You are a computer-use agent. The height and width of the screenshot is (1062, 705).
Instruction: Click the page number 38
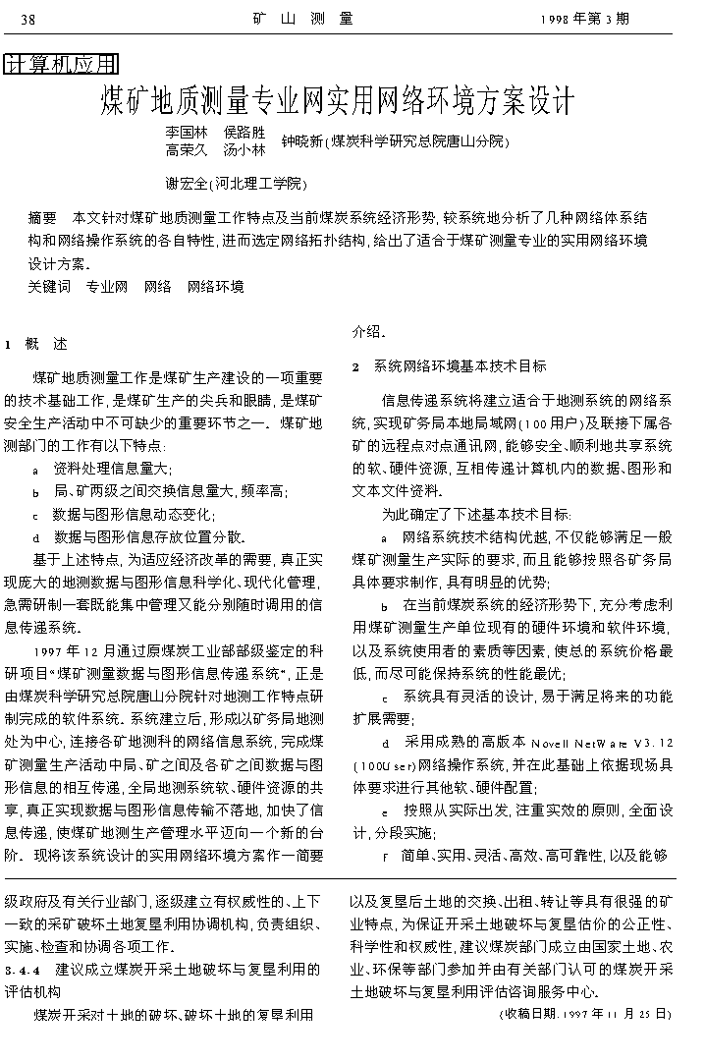click(27, 20)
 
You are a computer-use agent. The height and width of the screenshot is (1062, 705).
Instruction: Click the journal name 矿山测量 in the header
click(303, 19)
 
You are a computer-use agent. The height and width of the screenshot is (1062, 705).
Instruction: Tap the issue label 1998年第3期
click(585, 19)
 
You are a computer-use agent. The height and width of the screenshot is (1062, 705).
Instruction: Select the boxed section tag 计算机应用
click(61, 65)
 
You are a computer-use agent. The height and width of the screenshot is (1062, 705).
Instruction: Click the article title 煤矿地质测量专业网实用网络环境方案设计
click(337, 100)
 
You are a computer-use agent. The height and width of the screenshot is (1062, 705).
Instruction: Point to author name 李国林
click(187, 133)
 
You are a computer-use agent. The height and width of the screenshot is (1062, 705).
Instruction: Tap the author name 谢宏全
click(187, 183)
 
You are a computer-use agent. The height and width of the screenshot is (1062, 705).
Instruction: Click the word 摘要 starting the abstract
click(42, 217)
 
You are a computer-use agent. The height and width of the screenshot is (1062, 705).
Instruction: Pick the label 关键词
click(49, 287)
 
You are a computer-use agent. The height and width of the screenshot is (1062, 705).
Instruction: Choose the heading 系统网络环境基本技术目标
click(460, 366)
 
